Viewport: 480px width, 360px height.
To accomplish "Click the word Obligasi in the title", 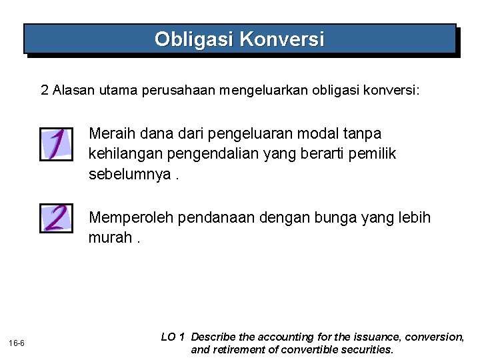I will coord(194,40).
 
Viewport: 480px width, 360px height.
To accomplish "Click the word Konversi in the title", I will coord(281,40).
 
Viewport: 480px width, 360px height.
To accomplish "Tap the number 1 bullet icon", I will coord(56,144).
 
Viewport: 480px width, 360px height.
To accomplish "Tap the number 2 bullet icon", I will coord(56,217).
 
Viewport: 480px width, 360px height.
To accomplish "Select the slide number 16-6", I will coord(17,343).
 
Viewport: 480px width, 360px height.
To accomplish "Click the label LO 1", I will coord(173,337).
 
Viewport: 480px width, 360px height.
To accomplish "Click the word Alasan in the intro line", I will coord(73,90).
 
